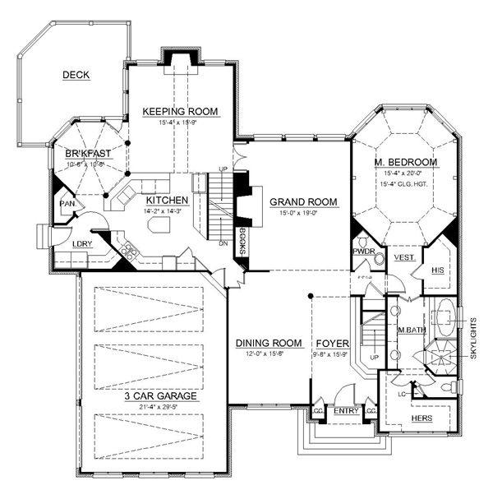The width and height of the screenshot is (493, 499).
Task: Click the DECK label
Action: pos(76,76)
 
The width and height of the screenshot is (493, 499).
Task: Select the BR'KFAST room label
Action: pos(88,154)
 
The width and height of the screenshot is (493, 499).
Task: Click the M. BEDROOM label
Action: pos(405,162)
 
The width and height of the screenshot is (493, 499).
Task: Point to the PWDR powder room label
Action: pos(364,251)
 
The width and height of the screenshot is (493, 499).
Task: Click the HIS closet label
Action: pos(438,270)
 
